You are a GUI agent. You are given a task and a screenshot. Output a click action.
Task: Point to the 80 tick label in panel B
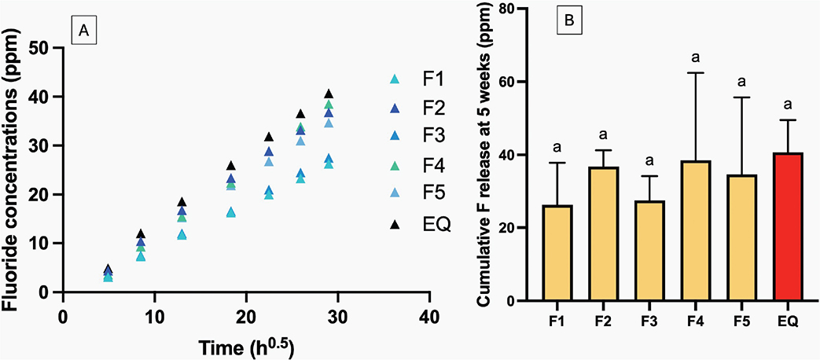click(516, 9)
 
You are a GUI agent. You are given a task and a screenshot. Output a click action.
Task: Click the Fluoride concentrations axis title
click(13, 169)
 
